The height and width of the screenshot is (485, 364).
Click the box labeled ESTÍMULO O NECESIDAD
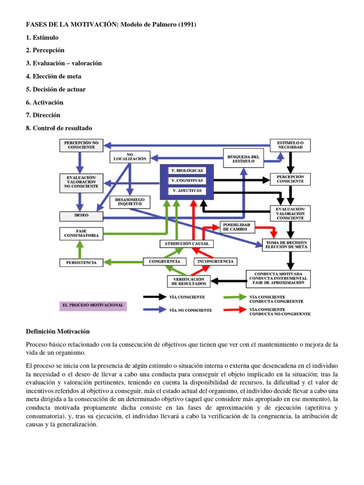(x=290, y=144)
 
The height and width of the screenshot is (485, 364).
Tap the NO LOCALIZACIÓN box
(x=130, y=157)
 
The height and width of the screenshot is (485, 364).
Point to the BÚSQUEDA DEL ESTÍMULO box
(x=243, y=159)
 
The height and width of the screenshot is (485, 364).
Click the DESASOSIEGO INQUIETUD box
(x=130, y=202)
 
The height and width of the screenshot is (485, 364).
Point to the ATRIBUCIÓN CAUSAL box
(x=186, y=243)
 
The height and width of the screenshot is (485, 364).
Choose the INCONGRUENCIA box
(x=216, y=261)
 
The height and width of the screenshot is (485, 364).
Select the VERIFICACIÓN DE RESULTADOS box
(x=189, y=281)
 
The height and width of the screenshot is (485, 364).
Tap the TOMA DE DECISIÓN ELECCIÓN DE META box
(x=286, y=244)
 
